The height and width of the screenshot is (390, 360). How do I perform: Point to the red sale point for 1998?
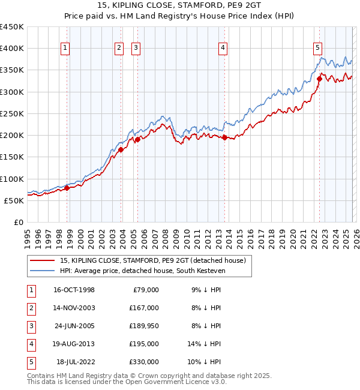67,188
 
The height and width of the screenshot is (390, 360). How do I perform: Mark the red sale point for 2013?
225,137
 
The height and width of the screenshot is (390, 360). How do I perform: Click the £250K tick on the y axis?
11,113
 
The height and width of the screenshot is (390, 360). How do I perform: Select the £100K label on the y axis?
11,179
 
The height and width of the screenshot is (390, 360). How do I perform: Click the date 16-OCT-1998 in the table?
74,290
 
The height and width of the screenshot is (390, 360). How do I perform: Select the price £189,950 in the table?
144,326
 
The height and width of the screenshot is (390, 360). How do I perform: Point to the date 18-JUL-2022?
74,362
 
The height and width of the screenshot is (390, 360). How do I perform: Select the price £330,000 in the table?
144,362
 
